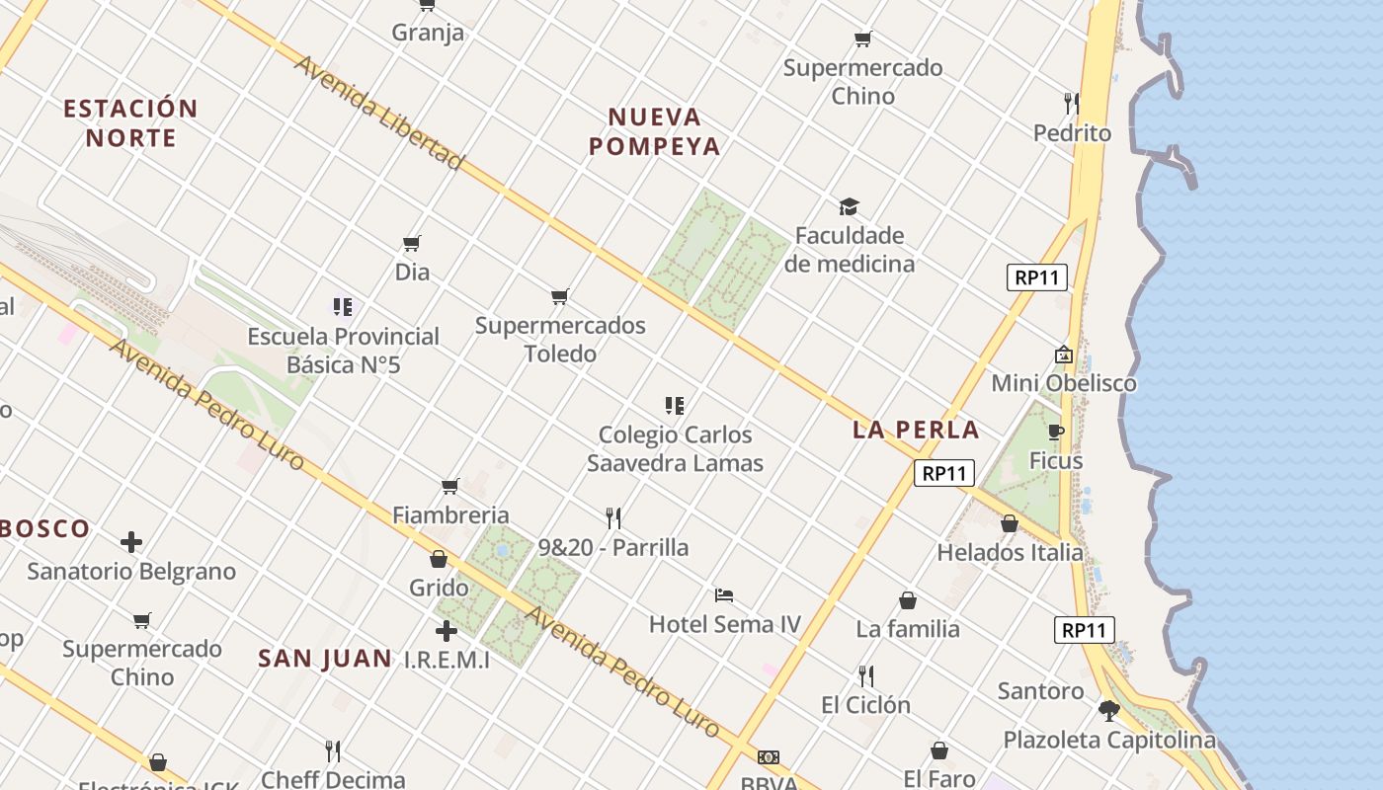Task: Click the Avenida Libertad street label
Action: click(379, 112)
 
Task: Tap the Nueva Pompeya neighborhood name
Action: click(655, 132)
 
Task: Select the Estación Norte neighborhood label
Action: click(131, 122)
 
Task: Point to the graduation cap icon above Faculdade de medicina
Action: click(849, 206)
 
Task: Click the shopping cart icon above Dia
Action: click(412, 243)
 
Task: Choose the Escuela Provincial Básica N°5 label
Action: click(343, 351)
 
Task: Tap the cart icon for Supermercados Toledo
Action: click(560, 296)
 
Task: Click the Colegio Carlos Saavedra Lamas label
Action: click(675, 448)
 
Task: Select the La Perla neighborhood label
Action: click(916, 430)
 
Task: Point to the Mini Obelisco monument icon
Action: click(1064, 355)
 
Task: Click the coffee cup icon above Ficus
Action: click(1055, 432)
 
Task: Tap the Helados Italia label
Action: click(1010, 552)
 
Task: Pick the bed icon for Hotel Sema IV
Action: click(724, 595)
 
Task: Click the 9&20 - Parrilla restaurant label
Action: click(613, 547)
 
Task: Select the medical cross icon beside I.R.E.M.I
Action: click(447, 630)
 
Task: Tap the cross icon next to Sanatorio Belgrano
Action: click(131, 542)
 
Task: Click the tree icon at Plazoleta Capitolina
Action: click(1109, 710)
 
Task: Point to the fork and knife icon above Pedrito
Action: click(1071, 104)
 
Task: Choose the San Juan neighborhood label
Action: click(325, 659)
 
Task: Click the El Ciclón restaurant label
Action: click(865, 705)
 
